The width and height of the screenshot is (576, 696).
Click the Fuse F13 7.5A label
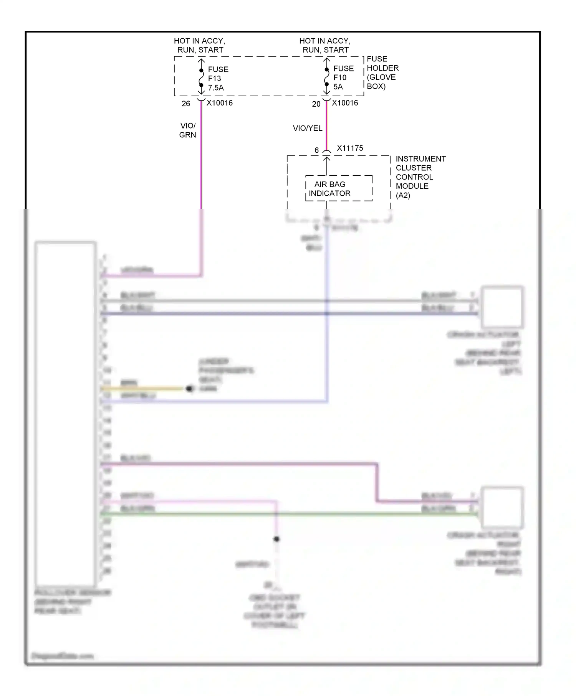[218, 79]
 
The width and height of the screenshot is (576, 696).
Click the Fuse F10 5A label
[343, 78]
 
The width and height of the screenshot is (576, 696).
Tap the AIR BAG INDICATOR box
[338, 188]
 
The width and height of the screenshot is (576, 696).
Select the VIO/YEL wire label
[307, 128]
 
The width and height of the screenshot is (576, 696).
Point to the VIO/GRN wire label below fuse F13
[187, 130]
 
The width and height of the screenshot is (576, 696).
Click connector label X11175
[349, 148]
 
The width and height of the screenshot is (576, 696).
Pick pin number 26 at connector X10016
[186, 104]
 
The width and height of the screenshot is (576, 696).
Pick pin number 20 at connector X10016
[316, 104]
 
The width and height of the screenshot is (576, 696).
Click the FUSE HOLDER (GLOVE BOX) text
[382, 73]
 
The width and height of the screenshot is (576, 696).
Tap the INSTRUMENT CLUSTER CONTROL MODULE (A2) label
[420, 177]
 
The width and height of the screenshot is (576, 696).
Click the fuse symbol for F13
[201, 78]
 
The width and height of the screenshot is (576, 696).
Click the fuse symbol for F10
[326, 77]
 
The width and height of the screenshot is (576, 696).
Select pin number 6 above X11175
[316, 150]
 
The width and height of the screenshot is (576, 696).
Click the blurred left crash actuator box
[502, 306]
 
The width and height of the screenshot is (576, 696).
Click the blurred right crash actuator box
[502, 507]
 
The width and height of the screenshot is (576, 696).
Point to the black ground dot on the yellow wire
[189, 389]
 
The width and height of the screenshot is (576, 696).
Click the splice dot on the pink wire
[276, 539]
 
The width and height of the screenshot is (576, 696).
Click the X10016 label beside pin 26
[219, 103]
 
